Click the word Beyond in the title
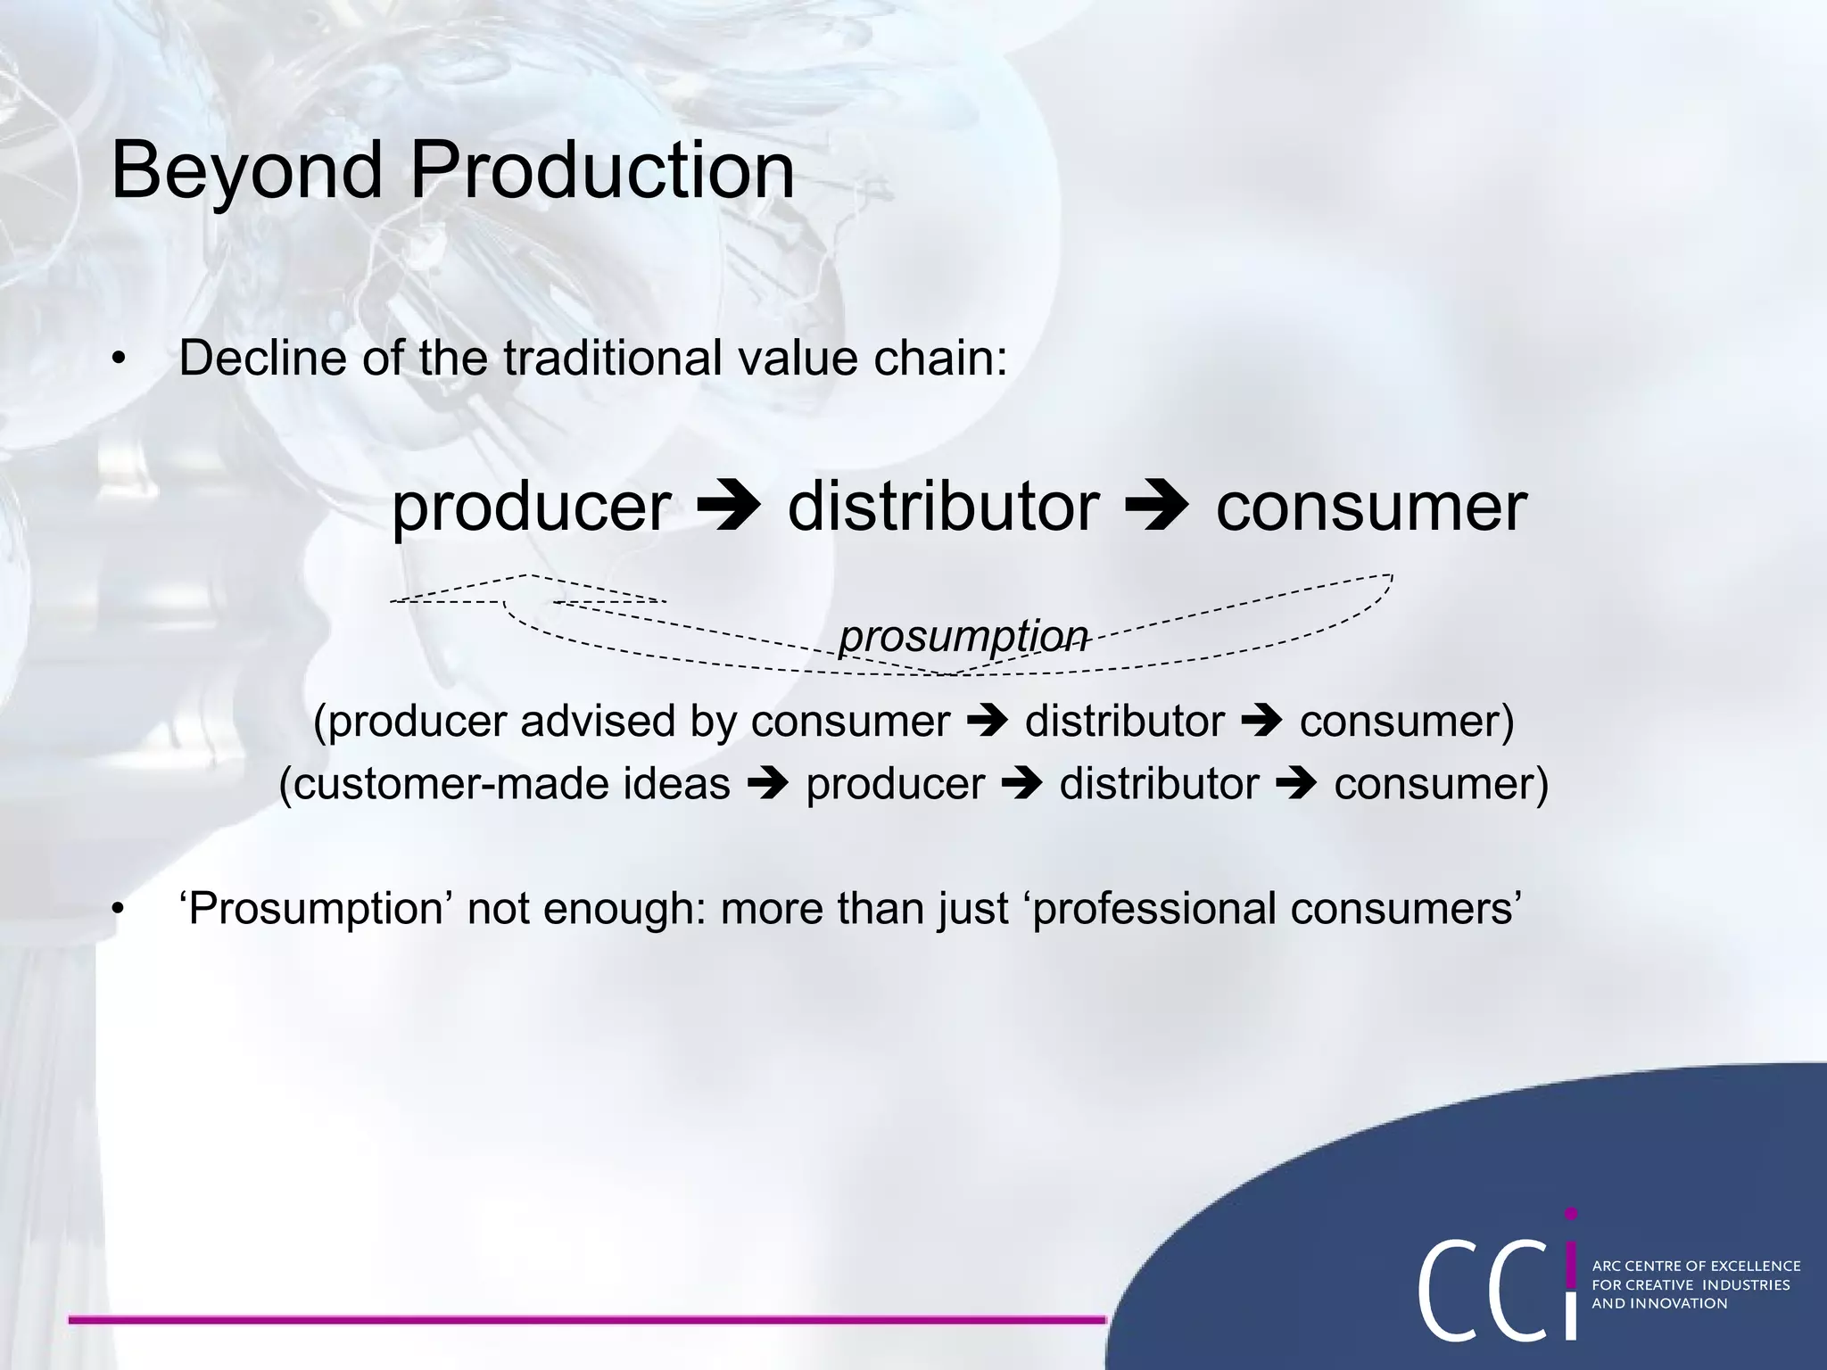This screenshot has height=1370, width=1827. coord(246,171)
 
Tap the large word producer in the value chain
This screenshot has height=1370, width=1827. coord(531,507)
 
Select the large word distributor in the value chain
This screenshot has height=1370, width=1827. coord(943,507)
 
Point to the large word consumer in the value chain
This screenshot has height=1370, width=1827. coord(1371,507)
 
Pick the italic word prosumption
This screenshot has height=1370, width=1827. coord(963,636)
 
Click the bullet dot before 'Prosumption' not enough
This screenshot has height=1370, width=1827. coord(118,910)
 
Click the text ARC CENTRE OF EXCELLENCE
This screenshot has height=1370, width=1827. coord(1696,1266)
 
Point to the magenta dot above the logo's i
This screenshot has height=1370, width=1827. coord(1571,1214)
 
